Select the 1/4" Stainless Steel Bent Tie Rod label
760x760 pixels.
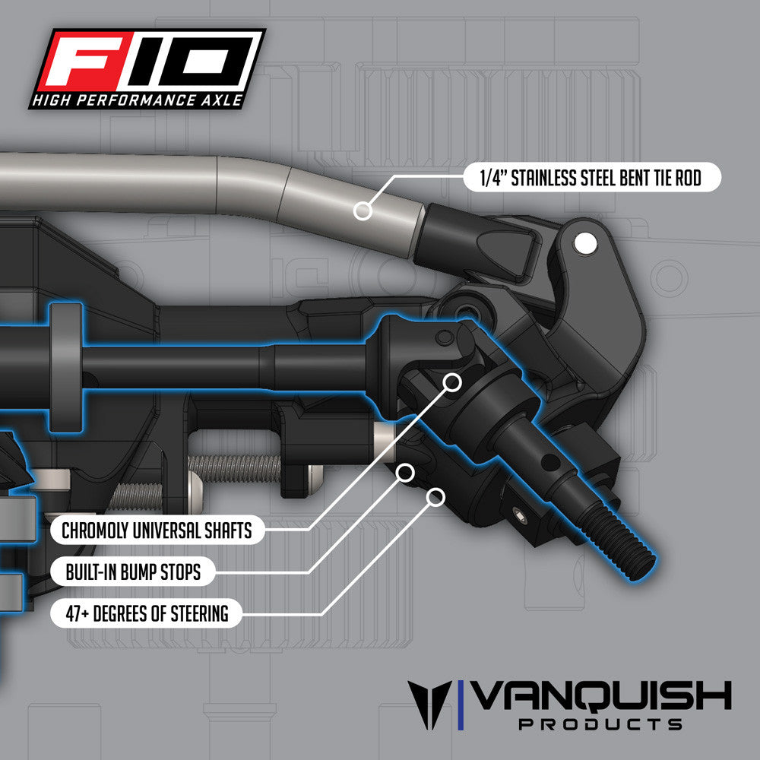591,179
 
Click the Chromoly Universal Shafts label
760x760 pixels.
157,530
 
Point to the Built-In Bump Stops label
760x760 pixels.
133,572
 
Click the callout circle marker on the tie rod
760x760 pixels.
363,211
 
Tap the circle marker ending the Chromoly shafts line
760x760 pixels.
453,382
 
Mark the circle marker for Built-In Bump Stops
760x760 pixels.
406,472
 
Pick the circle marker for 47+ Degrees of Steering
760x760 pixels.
435,497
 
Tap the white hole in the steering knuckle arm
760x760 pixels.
585,243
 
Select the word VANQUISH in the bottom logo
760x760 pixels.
601,696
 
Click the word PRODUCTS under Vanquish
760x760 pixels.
600,724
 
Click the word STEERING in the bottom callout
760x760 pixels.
198,613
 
